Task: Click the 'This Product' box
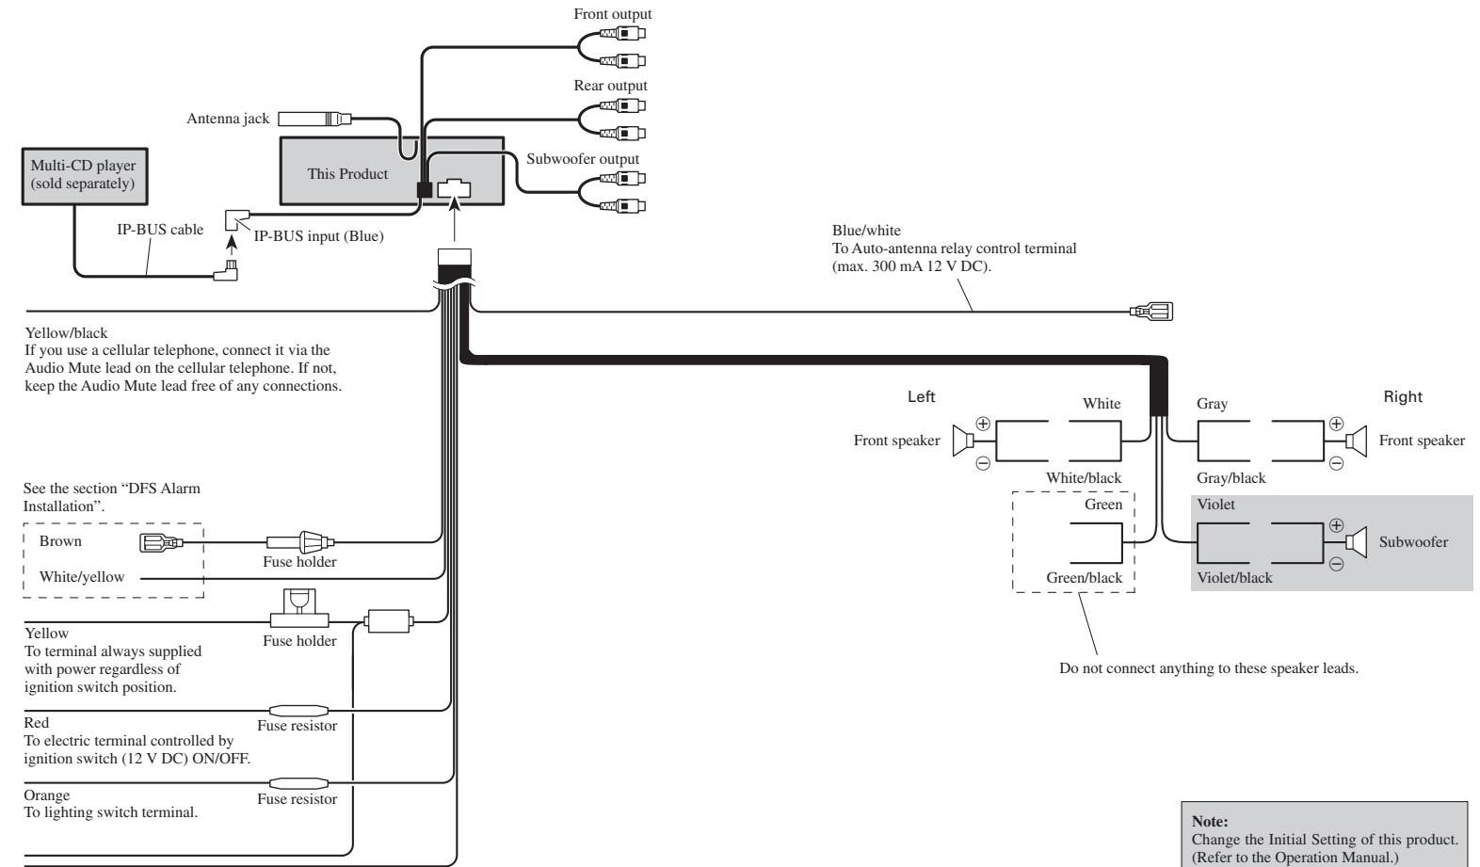(391, 171)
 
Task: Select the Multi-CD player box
(85, 176)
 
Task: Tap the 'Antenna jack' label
(228, 119)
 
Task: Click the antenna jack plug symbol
(314, 119)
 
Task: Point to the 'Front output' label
(613, 14)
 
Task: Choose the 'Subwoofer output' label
(583, 159)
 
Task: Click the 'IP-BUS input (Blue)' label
(318, 236)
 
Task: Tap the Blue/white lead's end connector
(1151, 312)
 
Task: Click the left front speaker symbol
(963, 441)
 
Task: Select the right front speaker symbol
(1357, 441)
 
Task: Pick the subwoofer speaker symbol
(1357, 542)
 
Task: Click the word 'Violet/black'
(1234, 578)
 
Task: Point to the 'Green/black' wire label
(1084, 578)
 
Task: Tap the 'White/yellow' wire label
(82, 577)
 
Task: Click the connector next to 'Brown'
(161, 543)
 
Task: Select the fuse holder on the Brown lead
(300, 542)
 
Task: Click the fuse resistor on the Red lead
(299, 711)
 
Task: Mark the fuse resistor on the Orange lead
(299, 784)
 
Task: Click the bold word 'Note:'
(1210, 822)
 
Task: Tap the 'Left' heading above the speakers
(921, 396)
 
